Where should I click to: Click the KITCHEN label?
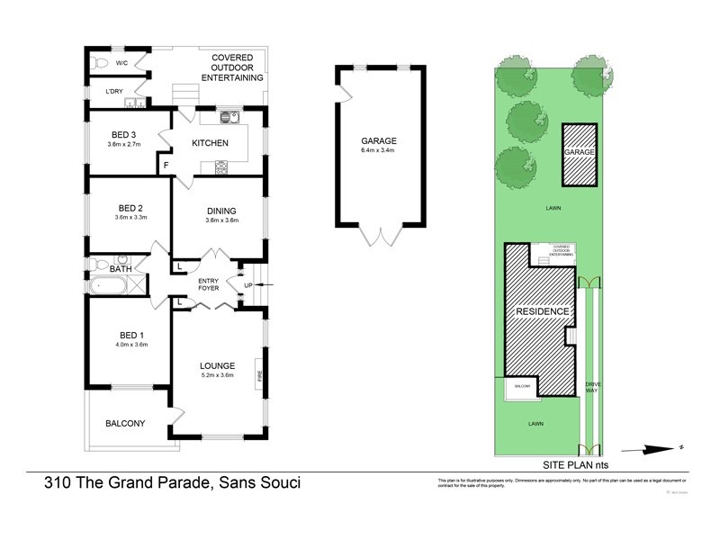coord(210,144)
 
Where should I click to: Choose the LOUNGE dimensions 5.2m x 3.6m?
coord(217,375)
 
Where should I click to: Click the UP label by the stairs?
coord(248,286)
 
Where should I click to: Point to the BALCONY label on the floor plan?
coord(125,423)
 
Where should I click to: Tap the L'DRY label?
coord(113,92)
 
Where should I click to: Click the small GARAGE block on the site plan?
coord(580,154)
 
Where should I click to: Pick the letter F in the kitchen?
coord(166,166)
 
